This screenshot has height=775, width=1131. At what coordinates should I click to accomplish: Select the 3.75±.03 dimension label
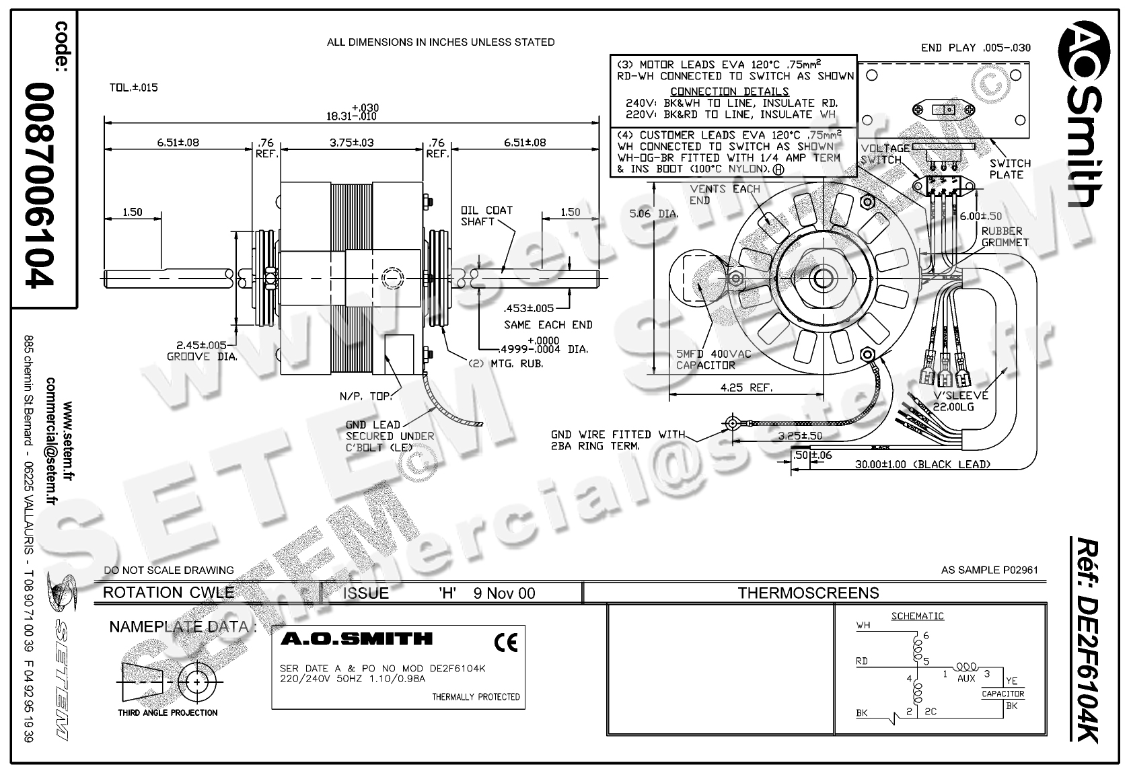click(352, 143)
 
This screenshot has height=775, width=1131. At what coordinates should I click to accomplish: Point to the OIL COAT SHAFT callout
click(486, 216)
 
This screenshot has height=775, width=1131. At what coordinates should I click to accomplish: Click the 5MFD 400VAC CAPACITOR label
click(713, 359)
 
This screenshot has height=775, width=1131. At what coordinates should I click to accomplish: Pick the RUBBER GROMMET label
click(1005, 236)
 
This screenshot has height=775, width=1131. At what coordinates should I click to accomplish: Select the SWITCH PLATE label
click(1009, 169)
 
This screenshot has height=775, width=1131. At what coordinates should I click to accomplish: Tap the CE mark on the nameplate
click(505, 644)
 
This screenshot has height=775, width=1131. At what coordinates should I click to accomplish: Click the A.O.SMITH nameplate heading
click(356, 638)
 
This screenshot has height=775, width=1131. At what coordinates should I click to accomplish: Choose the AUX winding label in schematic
click(965, 679)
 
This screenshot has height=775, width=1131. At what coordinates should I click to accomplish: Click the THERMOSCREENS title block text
click(808, 593)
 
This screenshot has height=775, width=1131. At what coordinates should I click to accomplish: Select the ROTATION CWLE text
click(168, 593)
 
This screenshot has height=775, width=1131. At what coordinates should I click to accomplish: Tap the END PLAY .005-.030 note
click(975, 48)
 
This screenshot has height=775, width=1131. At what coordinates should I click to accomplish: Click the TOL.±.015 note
click(133, 87)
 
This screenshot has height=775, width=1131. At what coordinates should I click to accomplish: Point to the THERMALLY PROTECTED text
click(476, 697)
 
